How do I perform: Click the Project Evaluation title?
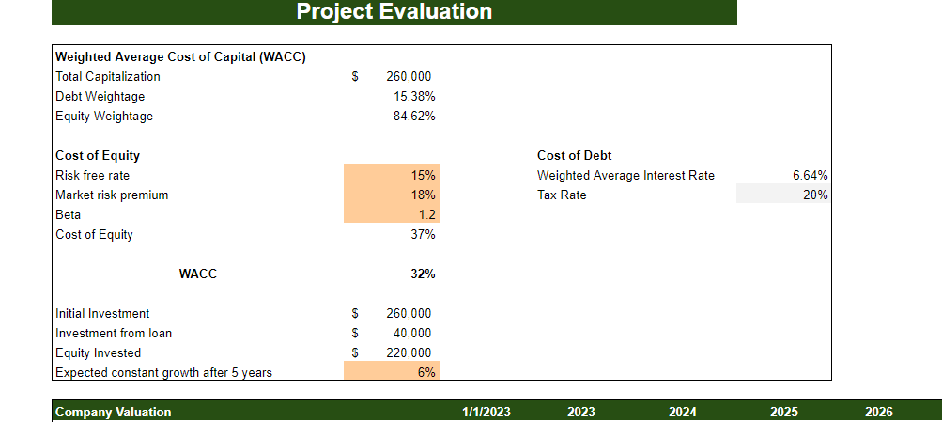[394, 11]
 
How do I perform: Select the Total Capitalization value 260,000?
[409, 77]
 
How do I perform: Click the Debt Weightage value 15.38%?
[414, 97]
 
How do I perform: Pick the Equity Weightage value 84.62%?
[414, 117]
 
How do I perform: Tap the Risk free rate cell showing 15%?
[423, 176]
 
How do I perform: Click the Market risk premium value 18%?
[423, 195]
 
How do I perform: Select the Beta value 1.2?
[425, 215]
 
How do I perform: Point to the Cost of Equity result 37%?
[423, 235]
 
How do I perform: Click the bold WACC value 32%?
[422, 274]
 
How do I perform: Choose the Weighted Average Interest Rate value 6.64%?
[810, 176]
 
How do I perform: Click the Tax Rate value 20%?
[815, 195]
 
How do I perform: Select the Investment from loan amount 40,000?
[412, 333]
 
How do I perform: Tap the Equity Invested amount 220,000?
[409, 353]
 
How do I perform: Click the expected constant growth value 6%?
[426, 372]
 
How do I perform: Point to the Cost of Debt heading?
[575, 156]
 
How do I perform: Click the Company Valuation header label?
[114, 412]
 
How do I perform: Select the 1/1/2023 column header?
[486, 412]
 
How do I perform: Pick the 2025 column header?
[784, 412]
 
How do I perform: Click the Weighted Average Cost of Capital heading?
[180, 57]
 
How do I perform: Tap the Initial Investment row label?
[102, 314]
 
